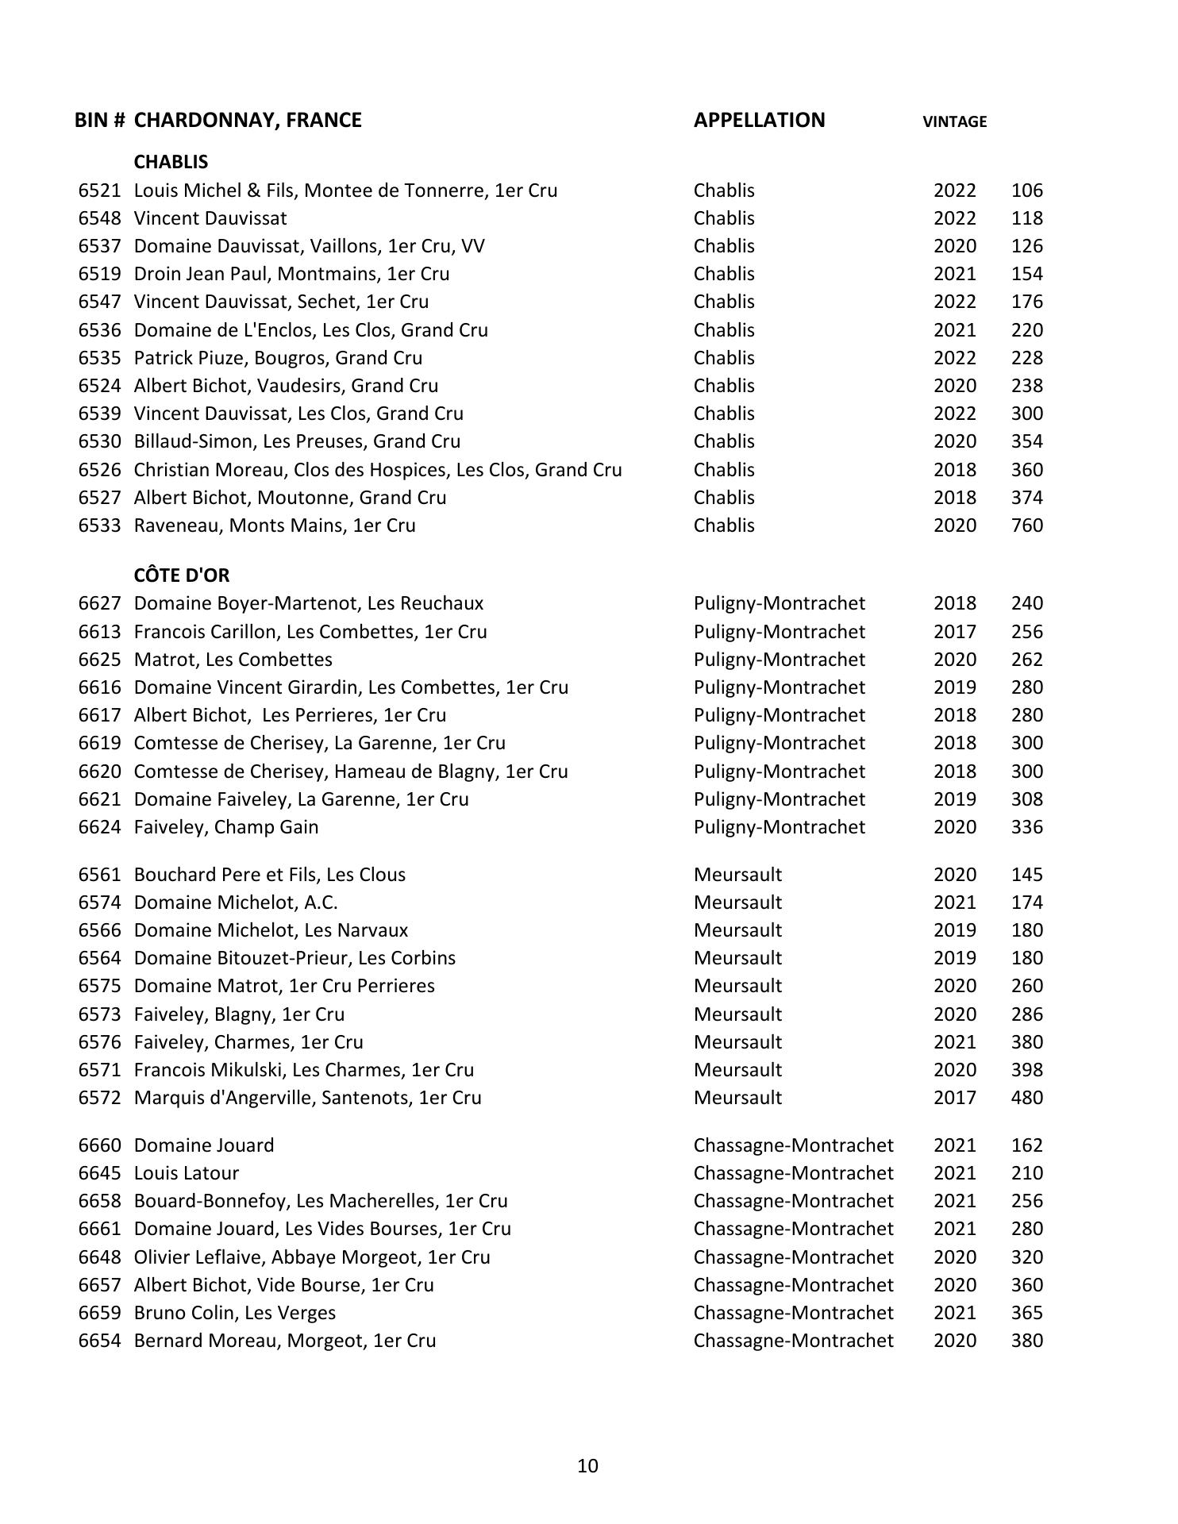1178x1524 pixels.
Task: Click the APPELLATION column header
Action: click(x=759, y=120)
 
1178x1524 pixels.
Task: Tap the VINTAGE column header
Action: click(x=954, y=121)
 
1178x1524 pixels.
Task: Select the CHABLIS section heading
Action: click(x=171, y=162)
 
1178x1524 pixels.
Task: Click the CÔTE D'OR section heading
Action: click(x=182, y=575)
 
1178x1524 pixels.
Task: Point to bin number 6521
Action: click(x=100, y=190)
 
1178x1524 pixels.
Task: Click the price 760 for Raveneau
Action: click(x=1026, y=525)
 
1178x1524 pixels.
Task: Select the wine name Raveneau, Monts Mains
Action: click(x=275, y=525)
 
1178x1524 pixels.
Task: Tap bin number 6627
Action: click(x=100, y=603)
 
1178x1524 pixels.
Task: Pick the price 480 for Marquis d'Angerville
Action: click(x=1026, y=1098)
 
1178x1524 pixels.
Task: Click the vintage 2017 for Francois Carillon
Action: click(x=954, y=632)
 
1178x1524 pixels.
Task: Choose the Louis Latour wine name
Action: click(x=187, y=1173)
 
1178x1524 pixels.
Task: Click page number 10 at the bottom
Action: click(x=587, y=1465)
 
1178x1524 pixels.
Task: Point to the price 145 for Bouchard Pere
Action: click(x=1026, y=875)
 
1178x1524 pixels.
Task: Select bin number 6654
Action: click(x=100, y=1341)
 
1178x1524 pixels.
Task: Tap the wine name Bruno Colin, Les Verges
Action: click(x=235, y=1313)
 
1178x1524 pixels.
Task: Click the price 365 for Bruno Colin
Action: click(x=1026, y=1313)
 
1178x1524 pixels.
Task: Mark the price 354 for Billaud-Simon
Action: click(x=1026, y=441)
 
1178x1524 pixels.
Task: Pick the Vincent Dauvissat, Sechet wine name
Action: click(x=281, y=302)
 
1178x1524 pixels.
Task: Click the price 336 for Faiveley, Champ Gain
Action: click(x=1026, y=827)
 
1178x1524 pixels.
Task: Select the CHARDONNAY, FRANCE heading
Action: click(x=248, y=120)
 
